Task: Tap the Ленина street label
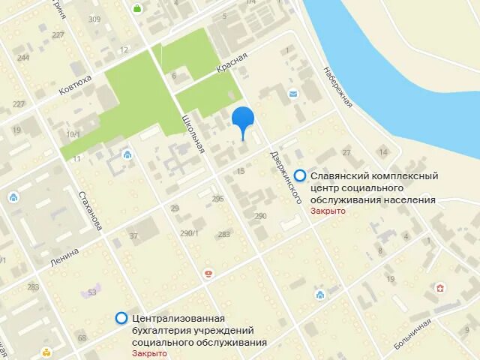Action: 64,251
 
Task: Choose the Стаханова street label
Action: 91,211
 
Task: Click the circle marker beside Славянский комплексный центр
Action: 300,175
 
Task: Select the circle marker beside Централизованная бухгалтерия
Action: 121,318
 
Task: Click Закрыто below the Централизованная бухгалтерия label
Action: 149,353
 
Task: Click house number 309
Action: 94,19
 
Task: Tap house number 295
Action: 218,199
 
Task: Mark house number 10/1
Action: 73,134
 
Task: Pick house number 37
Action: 134,236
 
